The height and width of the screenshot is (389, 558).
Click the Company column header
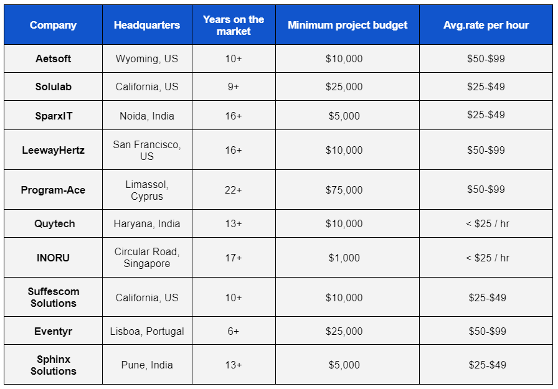click(53, 26)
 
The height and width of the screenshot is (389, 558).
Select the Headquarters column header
click(147, 26)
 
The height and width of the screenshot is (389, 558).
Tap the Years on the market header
click(234, 26)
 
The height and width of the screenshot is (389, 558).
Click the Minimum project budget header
click(348, 26)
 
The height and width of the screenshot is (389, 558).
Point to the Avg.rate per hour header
click(486, 26)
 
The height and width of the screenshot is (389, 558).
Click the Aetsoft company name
click(54, 59)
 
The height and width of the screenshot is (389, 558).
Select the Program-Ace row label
click(53, 190)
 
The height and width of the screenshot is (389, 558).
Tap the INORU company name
click(54, 258)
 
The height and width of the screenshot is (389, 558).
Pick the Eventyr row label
click(54, 331)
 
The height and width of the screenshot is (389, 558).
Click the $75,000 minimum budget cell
click(344, 190)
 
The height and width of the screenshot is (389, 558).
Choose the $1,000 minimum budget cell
click(344, 258)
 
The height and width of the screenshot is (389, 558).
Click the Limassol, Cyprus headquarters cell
click(147, 190)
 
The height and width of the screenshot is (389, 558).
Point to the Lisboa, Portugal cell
click(147, 331)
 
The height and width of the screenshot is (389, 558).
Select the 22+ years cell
click(234, 190)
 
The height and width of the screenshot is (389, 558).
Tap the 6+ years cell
click(234, 331)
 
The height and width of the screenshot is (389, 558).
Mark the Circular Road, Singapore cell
click(147, 258)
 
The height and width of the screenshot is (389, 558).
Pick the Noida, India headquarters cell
click(147, 116)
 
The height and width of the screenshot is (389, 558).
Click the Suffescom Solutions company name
click(53, 298)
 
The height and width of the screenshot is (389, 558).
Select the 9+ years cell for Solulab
click(234, 87)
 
